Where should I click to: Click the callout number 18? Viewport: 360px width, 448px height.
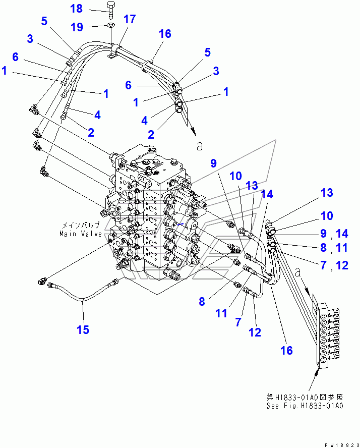click(x=77, y=9)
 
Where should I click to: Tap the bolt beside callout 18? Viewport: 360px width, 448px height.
click(x=110, y=11)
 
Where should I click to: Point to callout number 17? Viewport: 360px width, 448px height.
click(x=130, y=19)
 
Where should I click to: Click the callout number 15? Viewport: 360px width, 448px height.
click(x=83, y=330)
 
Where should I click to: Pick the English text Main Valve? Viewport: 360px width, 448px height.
click(x=81, y=234)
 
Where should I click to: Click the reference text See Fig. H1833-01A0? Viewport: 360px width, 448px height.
click(x=305, y=406)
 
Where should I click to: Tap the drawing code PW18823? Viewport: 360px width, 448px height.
click(x=341, y=445)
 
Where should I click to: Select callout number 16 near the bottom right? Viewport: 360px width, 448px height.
click(x=286, y=350)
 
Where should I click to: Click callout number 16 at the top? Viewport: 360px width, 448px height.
click(x=165, y=34)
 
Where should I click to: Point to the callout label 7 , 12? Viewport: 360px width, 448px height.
click(x=334, y=265)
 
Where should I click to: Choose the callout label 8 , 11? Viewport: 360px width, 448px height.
click(x=334, y=247)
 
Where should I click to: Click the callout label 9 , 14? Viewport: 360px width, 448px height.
click(x=334, y=234)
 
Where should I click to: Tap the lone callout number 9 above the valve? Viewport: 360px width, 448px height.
click(x=214, y=163)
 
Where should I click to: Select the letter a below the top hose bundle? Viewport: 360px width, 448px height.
click(x=200, y=146)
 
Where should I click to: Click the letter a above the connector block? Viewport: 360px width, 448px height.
click(x=298, y=272)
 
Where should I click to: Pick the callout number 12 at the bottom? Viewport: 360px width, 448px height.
click(x=255, y=332)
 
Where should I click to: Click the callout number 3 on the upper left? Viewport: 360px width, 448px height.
click(x=30, y=38)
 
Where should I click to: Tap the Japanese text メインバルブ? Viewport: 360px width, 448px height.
click(x=81, y=225)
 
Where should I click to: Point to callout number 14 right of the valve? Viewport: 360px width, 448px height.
click(x=267, y=194)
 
